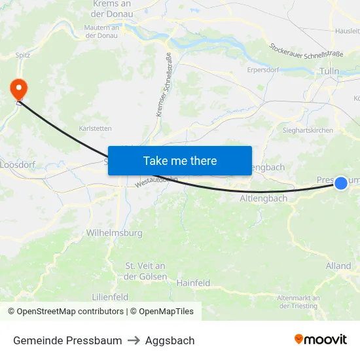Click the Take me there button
(x=180, y=160)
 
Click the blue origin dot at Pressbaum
(x=341, y=183)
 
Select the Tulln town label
(x=329, y=71)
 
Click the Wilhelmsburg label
(x=115, y=232)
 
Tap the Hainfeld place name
(x=193, y=283)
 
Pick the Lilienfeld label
(x=110, y=297)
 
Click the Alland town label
(x=338, y=266)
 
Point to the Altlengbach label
(x=264, y=198)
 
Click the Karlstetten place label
(x=95, y=128)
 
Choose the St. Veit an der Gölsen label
(x=145, y=271)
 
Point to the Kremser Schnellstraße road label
(x=164, y=85)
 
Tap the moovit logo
(x=321, y=340)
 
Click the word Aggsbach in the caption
(x=170, y=340)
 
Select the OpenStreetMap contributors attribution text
(x=65, y=312)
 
